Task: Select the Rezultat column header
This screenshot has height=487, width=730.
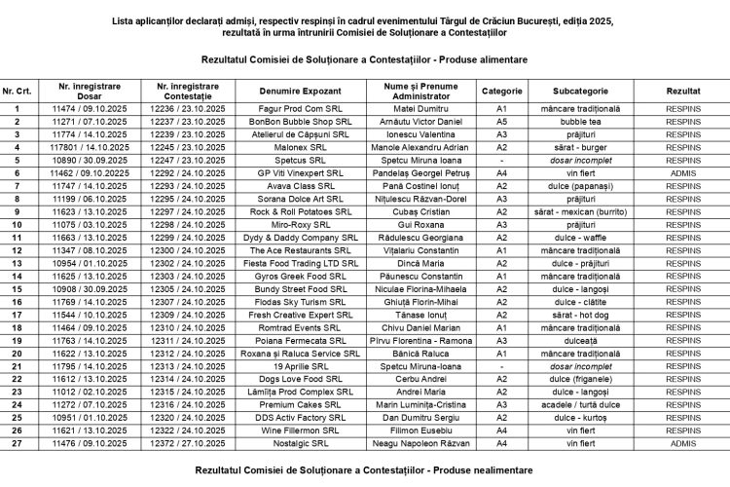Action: click(x=683, y=90)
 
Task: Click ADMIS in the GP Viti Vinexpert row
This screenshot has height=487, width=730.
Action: click(x=683, y=172)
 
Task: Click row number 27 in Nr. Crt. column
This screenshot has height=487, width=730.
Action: click(x=17, y=442)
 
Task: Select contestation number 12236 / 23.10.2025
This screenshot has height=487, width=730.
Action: click(x=188, y=108)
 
